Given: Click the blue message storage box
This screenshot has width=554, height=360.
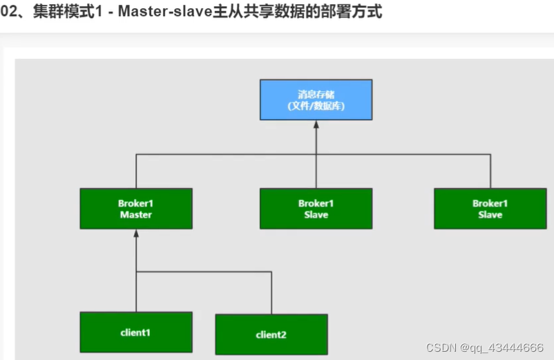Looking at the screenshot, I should (x=316, y=100).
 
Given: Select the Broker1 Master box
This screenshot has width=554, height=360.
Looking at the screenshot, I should (x=136, y=209).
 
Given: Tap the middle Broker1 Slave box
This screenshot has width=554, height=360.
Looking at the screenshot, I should (x=316, y=209).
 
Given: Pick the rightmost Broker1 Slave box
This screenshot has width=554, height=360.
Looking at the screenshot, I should (x=490, y=209).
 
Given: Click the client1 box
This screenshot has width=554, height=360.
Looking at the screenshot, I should (x=136, y=332).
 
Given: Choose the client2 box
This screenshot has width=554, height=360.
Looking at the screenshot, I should (x=271, y=334).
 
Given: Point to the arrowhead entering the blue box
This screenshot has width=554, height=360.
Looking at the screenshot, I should (x=316, y=125).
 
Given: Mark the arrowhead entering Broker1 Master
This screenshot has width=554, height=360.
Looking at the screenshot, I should (x=136, y=234).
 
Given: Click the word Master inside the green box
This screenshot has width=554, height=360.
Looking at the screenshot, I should (x=136, y=215).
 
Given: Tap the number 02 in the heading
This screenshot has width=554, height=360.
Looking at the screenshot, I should (x=8, y=12).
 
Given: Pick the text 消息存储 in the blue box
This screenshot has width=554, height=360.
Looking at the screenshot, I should (x=316, y=93).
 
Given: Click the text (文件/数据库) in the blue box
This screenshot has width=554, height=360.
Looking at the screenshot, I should (x=316, y=106).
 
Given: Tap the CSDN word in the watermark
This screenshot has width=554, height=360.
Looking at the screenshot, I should (x=438, y=347).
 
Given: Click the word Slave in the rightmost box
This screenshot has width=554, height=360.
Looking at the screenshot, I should (x=490, y=215).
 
